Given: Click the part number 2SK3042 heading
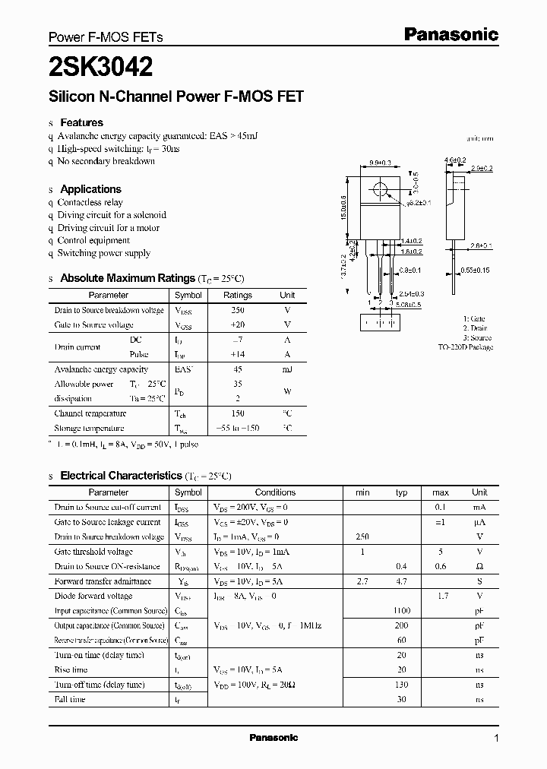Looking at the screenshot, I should [100, 68].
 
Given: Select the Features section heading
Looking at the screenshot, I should [81, 122].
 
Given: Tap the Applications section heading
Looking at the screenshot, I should [90, 189].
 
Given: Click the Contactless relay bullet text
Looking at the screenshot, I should [90, 203].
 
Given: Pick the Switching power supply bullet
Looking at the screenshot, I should [103, 253].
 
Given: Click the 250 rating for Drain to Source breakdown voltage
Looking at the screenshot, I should [238, 310].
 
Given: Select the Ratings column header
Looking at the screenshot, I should [238, 295].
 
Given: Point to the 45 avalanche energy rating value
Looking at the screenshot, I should [238, 369].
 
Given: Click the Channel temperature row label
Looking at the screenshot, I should [90, 414].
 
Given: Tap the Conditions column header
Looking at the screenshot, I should [275, 492].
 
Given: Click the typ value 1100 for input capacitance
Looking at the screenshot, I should [402, 610].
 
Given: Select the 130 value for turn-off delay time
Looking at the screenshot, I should [402, 685].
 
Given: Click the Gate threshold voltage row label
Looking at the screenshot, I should [93, 552].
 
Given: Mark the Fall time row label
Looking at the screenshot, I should [70, 699].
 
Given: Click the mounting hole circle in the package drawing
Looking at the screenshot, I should [380, 190].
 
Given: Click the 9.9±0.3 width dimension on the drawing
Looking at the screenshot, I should [380, 163].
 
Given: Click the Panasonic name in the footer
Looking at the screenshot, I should [273, 738].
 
